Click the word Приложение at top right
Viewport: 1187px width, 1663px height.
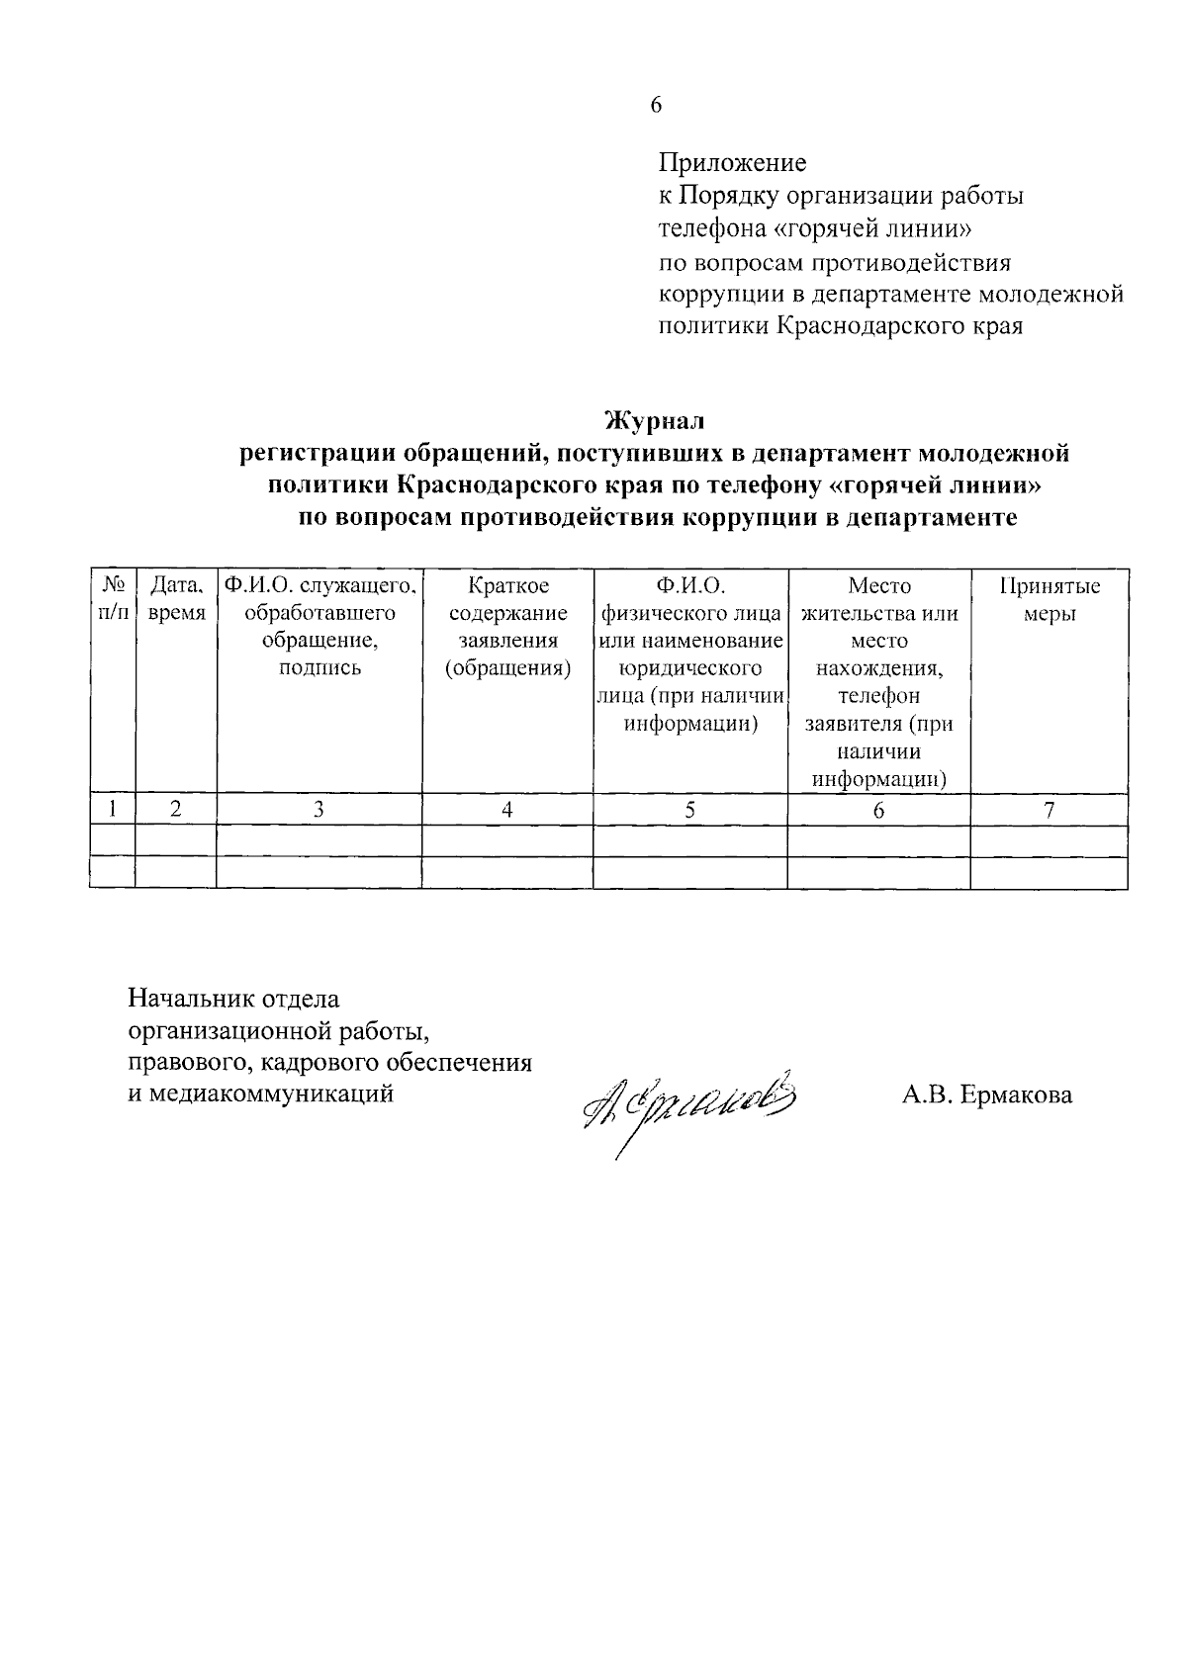coord(732,162)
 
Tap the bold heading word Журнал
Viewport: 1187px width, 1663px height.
coord(655,421)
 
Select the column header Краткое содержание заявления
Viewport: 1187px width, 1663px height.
coord(507,627)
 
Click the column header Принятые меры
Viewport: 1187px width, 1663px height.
coord(1049,599)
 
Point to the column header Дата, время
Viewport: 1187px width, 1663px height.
coord(176,599)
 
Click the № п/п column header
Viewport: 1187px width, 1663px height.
coord(113,599)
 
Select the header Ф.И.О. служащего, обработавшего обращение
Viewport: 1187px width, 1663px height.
coord(320,627)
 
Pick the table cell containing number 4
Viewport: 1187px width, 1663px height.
coord(507,810)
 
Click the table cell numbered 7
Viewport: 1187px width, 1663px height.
coord(1049,810)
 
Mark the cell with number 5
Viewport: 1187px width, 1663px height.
coord(689,810)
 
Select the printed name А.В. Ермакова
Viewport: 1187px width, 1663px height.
coord(986,1094)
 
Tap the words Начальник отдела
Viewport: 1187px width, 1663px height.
coord(234,999)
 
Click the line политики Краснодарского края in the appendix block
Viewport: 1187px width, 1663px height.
coord(841,325)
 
